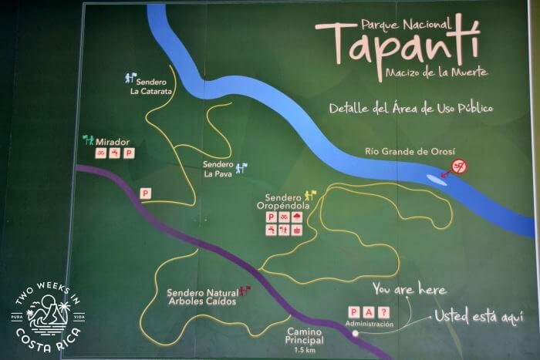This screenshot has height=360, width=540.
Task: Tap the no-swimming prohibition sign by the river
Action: pos(459,166)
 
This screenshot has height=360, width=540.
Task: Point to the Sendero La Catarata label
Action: pos(152,87)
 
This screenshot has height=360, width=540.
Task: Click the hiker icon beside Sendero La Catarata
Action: pos(131,77)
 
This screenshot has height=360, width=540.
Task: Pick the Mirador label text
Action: pos(113,142)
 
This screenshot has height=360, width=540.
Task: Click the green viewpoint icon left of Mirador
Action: pos(88,140)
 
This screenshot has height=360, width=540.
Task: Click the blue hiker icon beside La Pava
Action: pos(241,166)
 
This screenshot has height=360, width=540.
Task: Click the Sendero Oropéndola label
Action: pos(283,201)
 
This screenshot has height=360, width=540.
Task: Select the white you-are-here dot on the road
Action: pos(356,334)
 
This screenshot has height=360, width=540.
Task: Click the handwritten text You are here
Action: pos(409,290)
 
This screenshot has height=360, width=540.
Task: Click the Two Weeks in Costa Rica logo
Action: pos(48,316)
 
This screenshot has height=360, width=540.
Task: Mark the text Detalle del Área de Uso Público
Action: pos(410,108)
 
